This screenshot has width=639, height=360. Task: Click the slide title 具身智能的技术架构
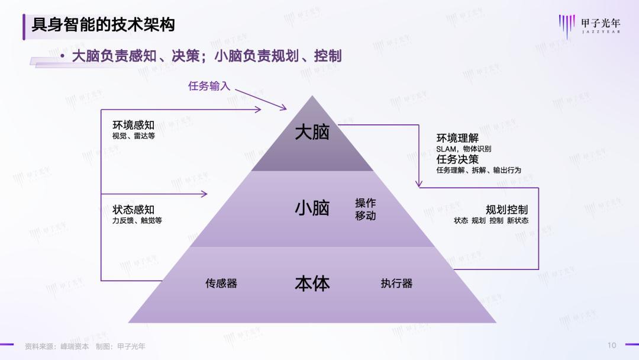103,25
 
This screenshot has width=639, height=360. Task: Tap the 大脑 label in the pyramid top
312,132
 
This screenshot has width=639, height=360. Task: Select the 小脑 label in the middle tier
312,208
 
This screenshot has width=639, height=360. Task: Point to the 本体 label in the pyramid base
312,284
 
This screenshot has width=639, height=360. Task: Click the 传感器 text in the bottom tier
221,284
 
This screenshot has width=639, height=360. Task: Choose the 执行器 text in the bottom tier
396,284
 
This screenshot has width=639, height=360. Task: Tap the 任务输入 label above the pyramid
209,86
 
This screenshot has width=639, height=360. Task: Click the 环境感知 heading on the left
133,125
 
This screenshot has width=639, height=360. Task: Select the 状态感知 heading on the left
133,210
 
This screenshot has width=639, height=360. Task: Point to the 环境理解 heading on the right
457,139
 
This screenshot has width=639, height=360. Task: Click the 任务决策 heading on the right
457,159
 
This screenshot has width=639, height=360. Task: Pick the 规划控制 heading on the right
506,210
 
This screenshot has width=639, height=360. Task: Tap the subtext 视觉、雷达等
133,136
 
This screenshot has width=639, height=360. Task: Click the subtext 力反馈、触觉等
137,220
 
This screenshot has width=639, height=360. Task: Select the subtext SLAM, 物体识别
463,149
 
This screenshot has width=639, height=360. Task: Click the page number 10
612,345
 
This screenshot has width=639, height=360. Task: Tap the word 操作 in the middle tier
365,203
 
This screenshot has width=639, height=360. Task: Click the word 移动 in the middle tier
365,216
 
